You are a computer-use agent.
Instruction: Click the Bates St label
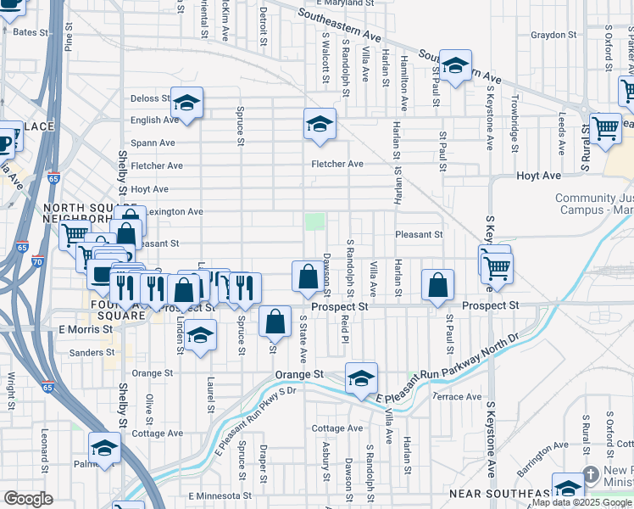[31, 32]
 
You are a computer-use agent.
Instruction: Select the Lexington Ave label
[175, 211]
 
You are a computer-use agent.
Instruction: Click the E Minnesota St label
[220, 495]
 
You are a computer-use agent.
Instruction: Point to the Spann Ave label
[153, 143]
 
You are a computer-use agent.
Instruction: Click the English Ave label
[152, 120]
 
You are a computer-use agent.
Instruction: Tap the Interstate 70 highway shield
[36, 261]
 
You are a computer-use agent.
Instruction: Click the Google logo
[29, 498]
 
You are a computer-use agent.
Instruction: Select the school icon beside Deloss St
[186, 104]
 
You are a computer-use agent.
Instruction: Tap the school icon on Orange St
[361, 378]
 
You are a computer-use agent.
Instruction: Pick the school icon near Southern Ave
[455, 65]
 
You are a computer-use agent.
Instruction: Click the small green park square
[314, 221]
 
